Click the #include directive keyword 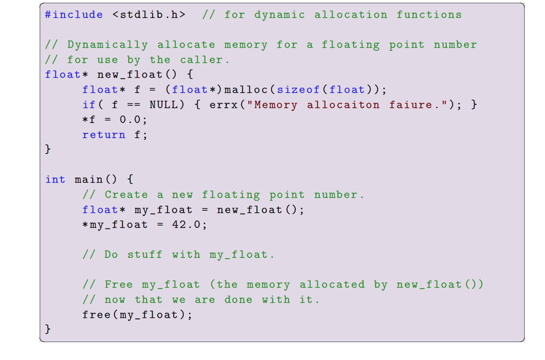click(x=74, y=15)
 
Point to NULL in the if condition click(x=164, y=105)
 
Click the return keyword click(x=104, y=135)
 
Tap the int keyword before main click(x=55, y=180)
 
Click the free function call click(x=96, y=315)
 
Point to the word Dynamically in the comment click(x=107, y=45)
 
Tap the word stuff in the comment click(x=145, y=255)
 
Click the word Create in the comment click(x=126, y=195)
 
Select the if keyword click(x=89, y=105)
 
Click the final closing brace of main click(x=48, y=329)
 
